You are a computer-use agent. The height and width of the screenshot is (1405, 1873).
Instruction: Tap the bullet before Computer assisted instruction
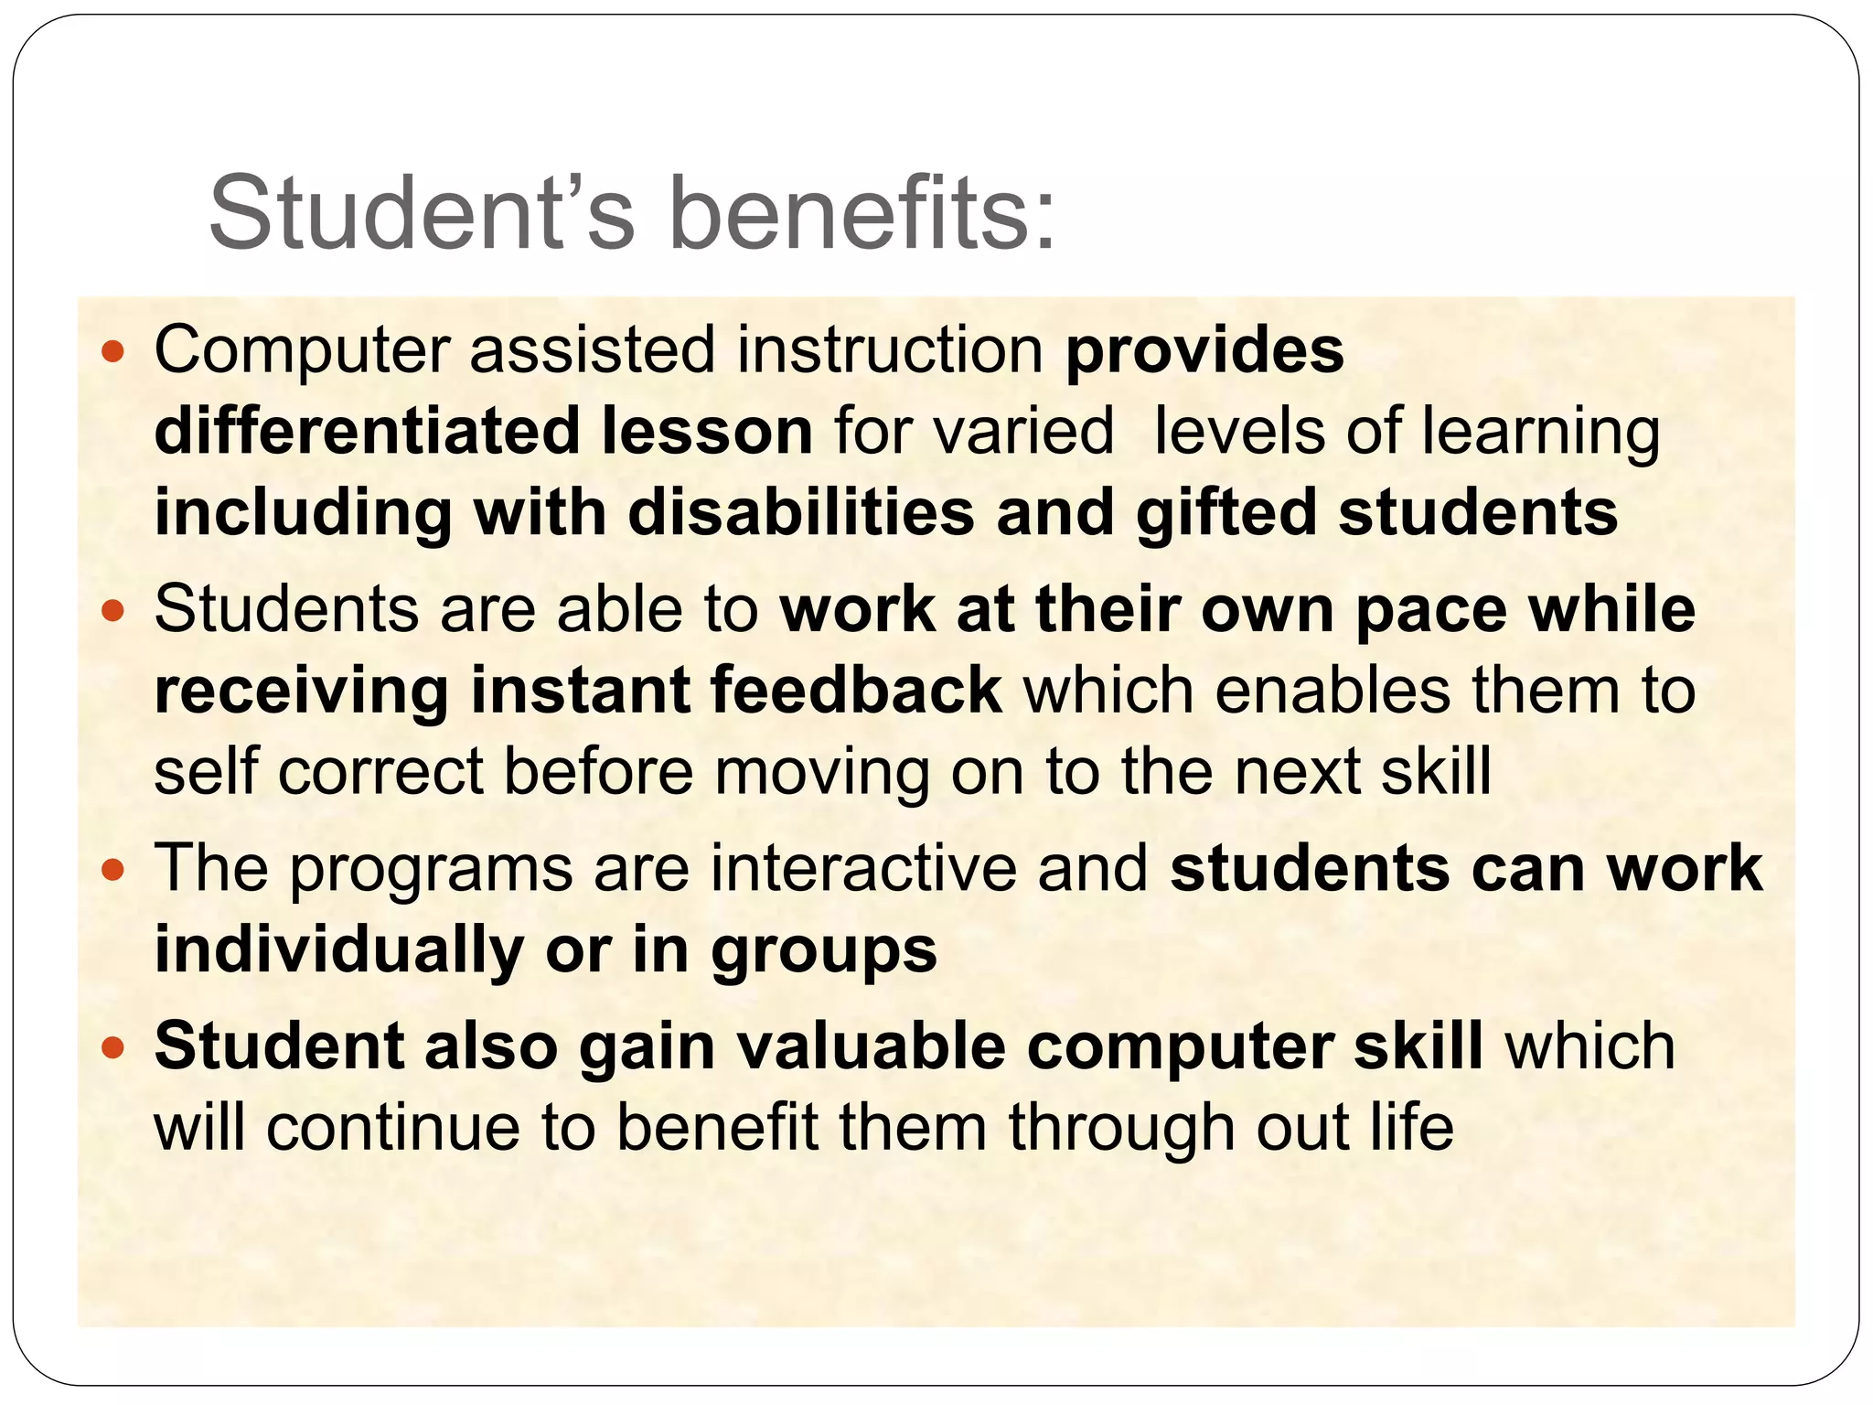click(x=112, y=351)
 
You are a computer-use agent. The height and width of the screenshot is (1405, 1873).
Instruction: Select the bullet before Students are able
click(x=112, y=610)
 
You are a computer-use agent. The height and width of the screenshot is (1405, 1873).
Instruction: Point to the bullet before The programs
click(x=112, y=869)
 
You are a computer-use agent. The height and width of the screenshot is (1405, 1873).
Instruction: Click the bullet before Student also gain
click(x=112, y=1047)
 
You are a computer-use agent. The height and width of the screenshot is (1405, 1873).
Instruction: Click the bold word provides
click(x=1204, y=351)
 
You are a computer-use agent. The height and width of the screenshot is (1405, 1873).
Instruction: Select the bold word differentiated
click(x=367, y=432)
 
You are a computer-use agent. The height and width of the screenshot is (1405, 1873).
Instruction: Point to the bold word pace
click(x=1430, y=612)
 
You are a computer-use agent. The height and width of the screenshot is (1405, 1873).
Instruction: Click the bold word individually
click(x=338, y=950)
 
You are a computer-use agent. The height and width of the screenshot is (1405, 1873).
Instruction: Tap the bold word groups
click(x=824, y=952)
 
